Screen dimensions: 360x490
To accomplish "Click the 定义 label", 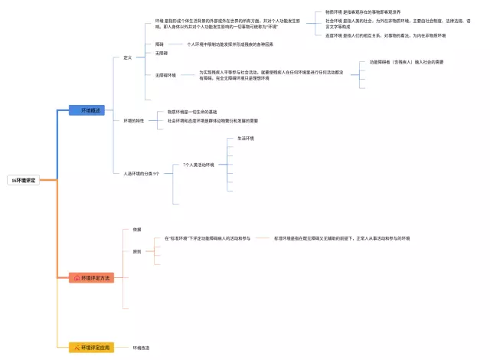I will point(128,58).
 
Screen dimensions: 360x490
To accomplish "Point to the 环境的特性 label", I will point(134,121).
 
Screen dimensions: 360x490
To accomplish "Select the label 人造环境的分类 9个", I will point(141,174).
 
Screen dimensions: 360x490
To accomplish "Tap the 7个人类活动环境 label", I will point(198,165).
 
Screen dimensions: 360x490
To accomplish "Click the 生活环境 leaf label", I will point(246,139).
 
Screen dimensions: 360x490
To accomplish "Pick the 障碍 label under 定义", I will point(159,44).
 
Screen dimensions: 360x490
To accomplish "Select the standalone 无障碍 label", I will point(161,53).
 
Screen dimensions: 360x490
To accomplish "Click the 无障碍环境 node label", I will point(165,75).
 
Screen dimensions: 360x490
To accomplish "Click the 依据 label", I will point(136,230).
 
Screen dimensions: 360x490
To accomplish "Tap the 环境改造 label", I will point(141,348).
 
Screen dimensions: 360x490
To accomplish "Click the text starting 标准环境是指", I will point(341,238).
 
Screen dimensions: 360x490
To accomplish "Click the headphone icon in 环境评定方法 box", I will point(77,277).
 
